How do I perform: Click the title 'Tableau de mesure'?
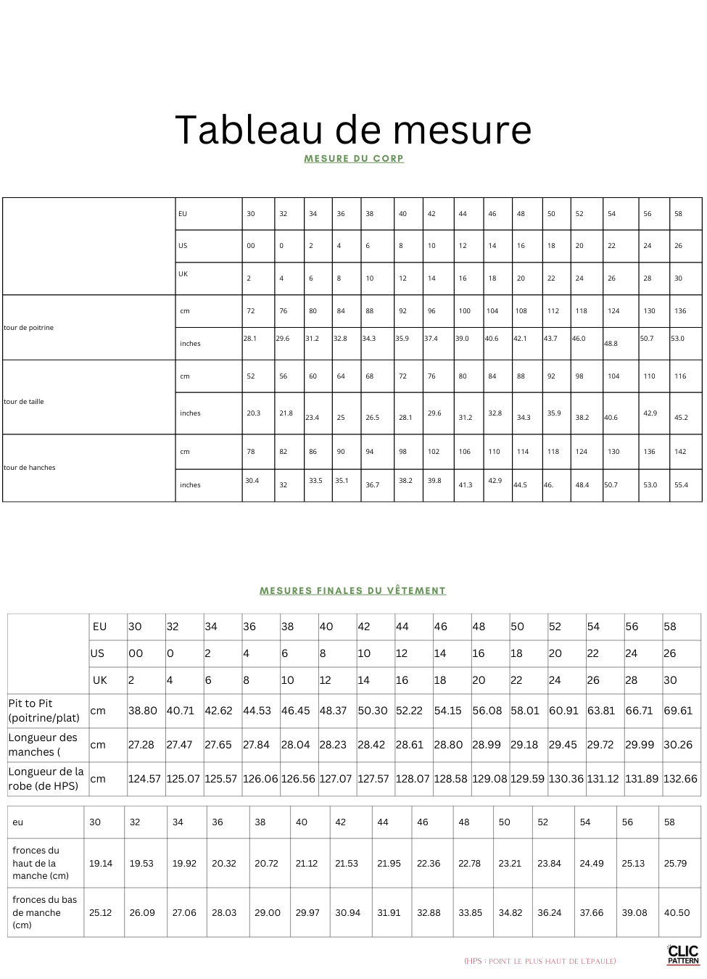click(x=353, y=130)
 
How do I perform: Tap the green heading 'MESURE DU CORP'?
click(x=353, y=159)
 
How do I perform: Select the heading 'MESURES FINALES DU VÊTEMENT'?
click(x=352, y=591)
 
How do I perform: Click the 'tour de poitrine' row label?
click(x=29, y=328)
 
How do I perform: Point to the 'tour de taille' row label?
click(x=24, y=402)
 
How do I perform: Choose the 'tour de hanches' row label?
click(x=30, y=468)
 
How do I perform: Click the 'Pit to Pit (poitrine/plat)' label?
click(x=44, y=711)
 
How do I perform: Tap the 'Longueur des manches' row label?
click(x=43, y=745)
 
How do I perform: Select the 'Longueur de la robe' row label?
click(x=46, y=779)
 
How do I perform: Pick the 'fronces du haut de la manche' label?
click(x=41, y=863)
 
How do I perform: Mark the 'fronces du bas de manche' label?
click(x=44, y=912)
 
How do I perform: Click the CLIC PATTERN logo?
click(x=683, y=954)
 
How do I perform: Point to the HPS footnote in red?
click(x=540, y=962)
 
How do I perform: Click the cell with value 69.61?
click(x=678, y=711)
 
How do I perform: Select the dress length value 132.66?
click(x=680, y=779)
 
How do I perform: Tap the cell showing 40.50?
click(x=677, y=913)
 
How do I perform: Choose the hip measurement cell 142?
click(x=680, y=452)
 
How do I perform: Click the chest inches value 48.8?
click(x=611, y=344)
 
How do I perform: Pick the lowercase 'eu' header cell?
click(x=18, y=822)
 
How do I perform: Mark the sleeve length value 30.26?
click(x=678, y=745)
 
